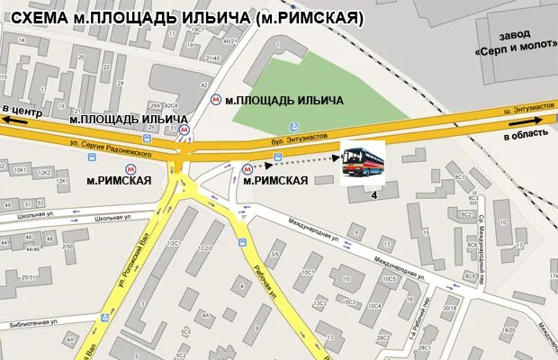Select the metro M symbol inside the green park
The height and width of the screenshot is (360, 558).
pyautogui.click(x=216, y=100)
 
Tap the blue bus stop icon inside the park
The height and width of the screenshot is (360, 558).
pyautogui.click(x=293, y=127)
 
